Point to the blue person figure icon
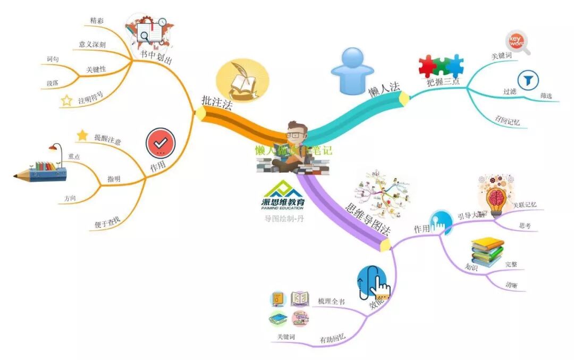(x=352, y=71)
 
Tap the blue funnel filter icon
(x=528, y=80)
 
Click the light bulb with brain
(x=496, y=196)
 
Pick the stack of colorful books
(x=487, y=250)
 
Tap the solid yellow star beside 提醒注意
(x=82, y=136)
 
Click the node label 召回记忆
(x=508, y=121)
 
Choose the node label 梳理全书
(x=331, y=302)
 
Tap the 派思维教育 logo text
(x=283, y=202)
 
